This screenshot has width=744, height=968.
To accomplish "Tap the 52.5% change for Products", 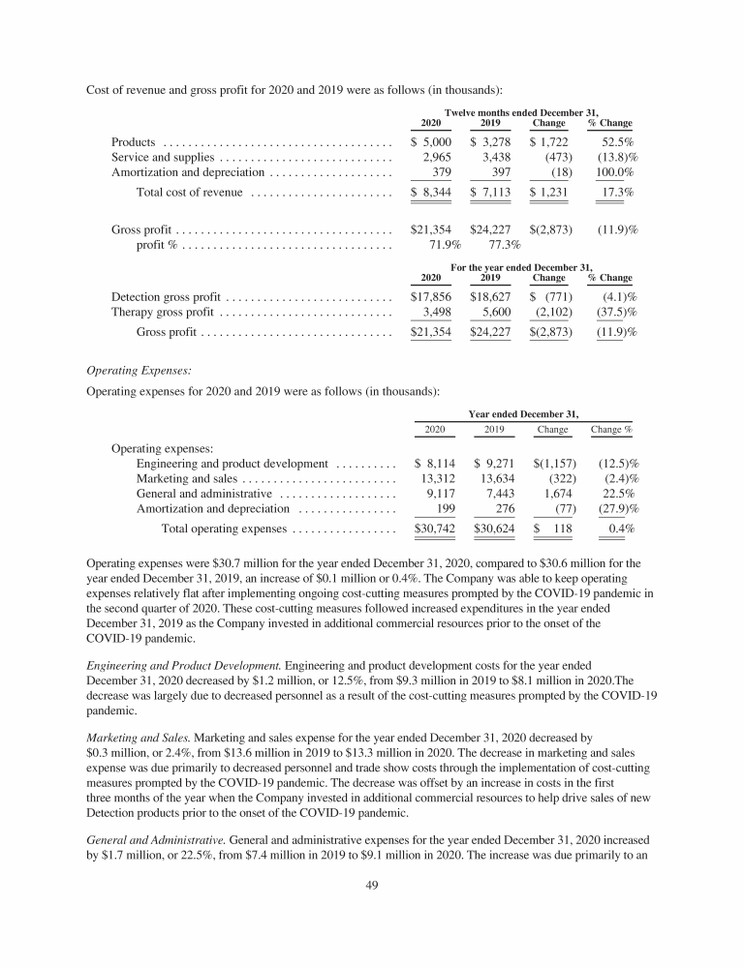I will pos(614,143).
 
